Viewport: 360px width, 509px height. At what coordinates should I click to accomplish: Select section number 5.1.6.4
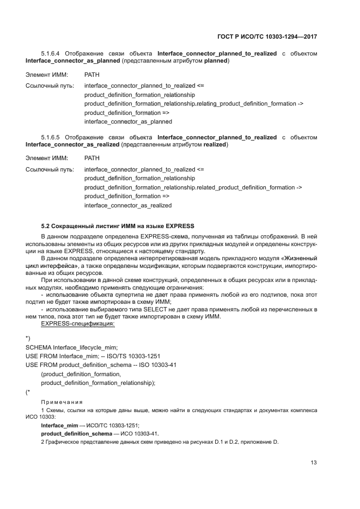(51, 54)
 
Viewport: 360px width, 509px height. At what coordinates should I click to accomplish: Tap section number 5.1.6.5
(51, 138)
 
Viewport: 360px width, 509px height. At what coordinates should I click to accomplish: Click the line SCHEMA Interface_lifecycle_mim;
(71, 347)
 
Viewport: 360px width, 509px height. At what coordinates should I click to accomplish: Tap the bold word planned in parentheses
(216, 62)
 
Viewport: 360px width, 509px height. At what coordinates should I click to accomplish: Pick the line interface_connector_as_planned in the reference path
(128, 121)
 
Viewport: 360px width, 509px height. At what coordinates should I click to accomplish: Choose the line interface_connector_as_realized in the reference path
(128, 205)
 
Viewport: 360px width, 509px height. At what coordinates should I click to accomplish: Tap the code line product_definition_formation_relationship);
(98, 383)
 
